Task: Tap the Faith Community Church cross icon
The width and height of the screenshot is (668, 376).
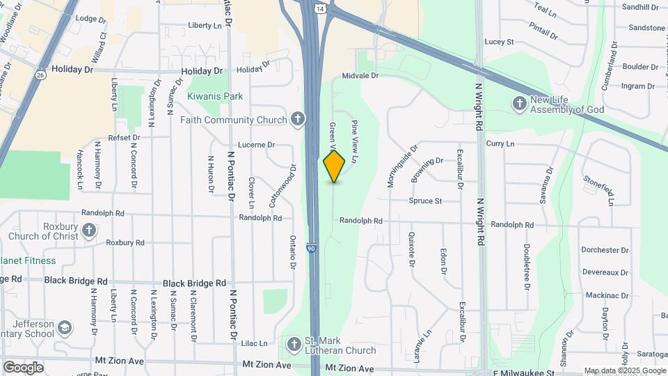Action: click(x=297, y=119)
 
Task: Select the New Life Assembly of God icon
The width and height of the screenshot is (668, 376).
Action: click(x=519, y=104)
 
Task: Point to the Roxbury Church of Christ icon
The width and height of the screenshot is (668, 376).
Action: click(x=88, y=229)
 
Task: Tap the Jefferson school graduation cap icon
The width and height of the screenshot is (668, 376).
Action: click(x=64, y=327)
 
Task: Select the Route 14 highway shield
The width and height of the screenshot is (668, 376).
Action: click(x=318, y=9)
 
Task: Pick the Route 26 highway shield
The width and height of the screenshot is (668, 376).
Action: click(x=42, y=75)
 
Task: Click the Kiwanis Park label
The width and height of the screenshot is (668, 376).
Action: click(x=215, y=96)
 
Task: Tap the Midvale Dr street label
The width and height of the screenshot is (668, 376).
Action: click(x=360, y=75)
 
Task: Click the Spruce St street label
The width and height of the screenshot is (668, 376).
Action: click(x=425, y=201)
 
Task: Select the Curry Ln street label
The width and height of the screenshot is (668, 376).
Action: click(x=500, y=143)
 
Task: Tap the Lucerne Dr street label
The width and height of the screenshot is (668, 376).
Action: click(x=257, y=145)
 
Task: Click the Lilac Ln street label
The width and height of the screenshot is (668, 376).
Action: click(x=254, y=343)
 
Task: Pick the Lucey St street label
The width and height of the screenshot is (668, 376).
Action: click(x=499, y=42)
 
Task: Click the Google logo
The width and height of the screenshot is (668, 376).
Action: click(x=24, y=367)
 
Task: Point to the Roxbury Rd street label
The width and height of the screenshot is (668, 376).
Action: click(x=125, y=242)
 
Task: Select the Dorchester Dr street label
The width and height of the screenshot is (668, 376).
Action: click(x=605, y=250)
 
